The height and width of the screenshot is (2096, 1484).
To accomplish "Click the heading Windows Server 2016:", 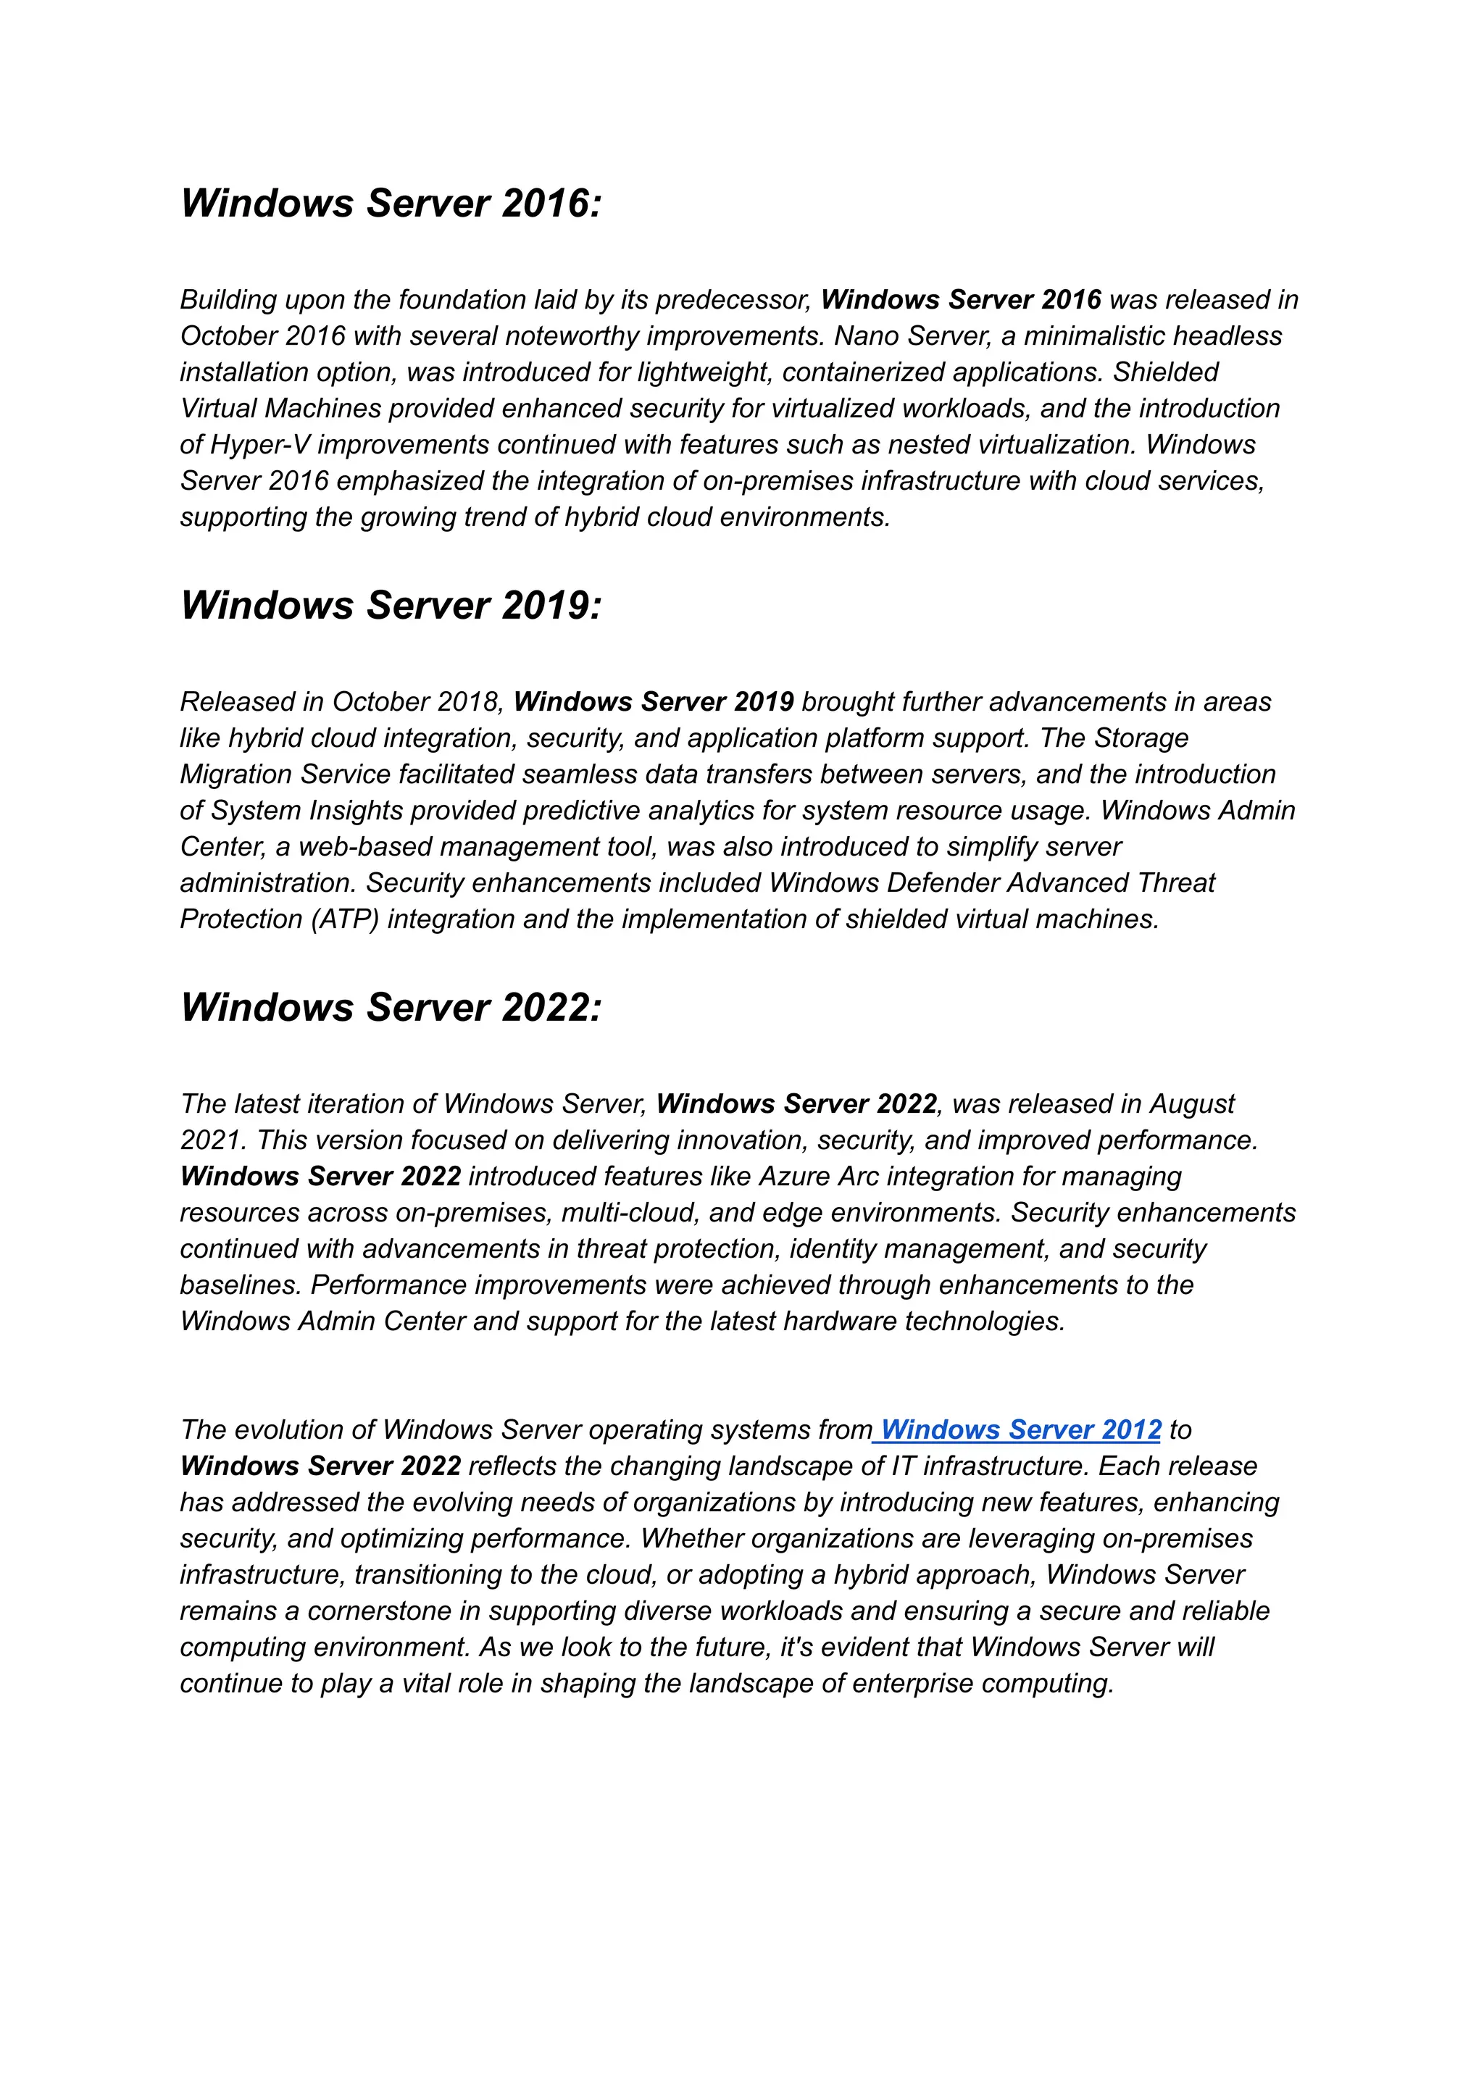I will tap(391, 204).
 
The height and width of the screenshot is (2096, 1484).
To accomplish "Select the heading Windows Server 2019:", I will tap(391, 606).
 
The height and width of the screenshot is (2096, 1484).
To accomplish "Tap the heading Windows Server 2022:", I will tap(391, 1008).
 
